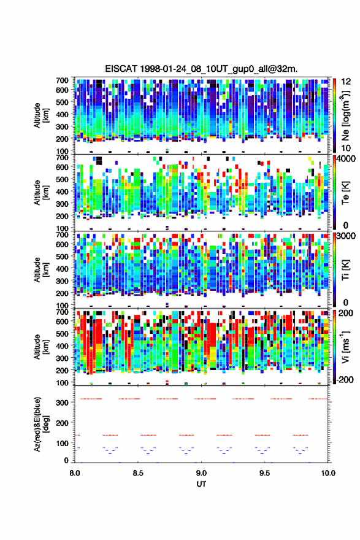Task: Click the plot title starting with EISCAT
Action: [201, 69]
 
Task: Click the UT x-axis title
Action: [201, 484]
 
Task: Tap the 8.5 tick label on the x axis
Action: [138, 473]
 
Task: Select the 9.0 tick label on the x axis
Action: [201, 473]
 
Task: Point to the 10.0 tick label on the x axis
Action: [328, 473]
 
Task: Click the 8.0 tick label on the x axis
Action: [75, 473]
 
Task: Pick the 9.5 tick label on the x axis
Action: [265, 473]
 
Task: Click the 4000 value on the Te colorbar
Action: [347, 159]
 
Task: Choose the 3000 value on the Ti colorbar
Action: [347, 236]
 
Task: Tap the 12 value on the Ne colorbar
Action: [347, 82]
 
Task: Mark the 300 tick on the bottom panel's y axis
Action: [63, 403]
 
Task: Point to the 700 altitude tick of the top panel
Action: [62, 80]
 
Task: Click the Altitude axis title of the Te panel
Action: [41, 193]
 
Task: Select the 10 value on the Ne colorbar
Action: [347, 148]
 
